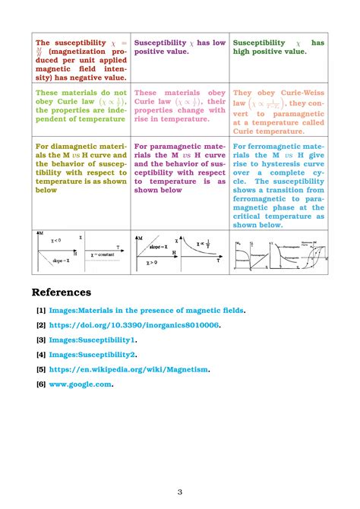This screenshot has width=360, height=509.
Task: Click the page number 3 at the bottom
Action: [x=180, y=492]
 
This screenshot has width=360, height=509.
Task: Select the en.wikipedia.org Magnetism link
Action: [x=128, y=369]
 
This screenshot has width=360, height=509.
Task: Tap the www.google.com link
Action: [x=81, y=384]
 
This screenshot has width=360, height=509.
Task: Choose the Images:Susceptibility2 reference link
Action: [x=91, y=354]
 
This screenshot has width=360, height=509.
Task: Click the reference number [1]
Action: [x=40, y=310]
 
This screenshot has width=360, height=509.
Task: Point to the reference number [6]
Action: [x=40, y=384]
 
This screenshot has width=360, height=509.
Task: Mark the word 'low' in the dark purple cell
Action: [x=218, y=43]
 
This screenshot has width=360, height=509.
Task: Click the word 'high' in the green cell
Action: [x=245, y=52]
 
